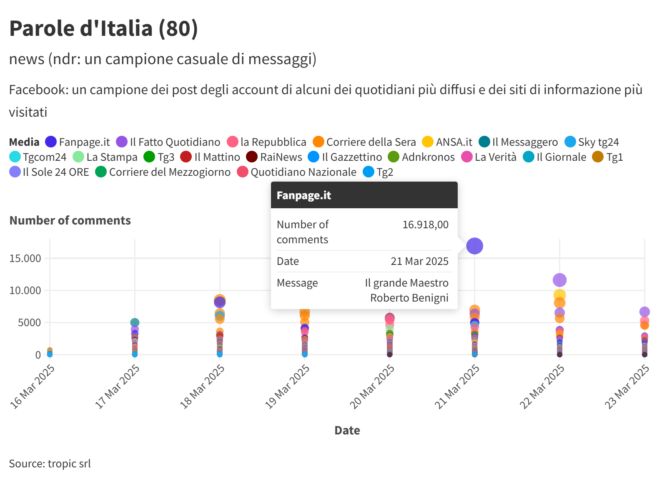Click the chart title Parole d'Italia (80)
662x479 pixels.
(103, 28)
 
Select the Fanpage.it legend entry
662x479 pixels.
(78, 142)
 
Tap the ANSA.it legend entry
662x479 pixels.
(447, 142)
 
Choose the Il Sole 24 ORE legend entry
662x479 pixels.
(50, 172)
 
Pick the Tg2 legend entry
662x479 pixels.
(379, 172)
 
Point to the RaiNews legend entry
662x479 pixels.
(274, 157)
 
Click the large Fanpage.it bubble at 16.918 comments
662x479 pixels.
(474, 246)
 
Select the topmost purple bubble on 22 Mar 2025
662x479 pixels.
(559, 280)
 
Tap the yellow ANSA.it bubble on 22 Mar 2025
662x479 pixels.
(559, 295)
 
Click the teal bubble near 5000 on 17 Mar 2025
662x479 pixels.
(135, 322)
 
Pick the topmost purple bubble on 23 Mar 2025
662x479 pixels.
(644, 312)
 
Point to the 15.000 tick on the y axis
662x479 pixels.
(25, 258)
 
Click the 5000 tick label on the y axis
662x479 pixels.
(29, 322)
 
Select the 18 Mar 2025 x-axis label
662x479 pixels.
(203, 386)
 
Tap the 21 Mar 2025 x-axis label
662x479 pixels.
(457, 386)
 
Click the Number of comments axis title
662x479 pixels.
(70, 220)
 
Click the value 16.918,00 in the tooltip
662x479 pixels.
(425, 225)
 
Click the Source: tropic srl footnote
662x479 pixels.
(50, 464)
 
